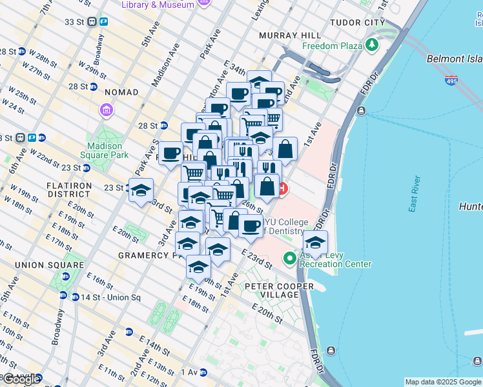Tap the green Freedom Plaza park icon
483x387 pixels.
(371, 46)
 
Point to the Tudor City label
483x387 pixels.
(357, 22)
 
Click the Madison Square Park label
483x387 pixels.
(105, 150)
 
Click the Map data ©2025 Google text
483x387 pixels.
(442, 382)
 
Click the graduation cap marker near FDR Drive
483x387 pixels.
(315, 243)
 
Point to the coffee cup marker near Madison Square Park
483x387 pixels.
(171, 154)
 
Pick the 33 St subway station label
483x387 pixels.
(74, 21)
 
